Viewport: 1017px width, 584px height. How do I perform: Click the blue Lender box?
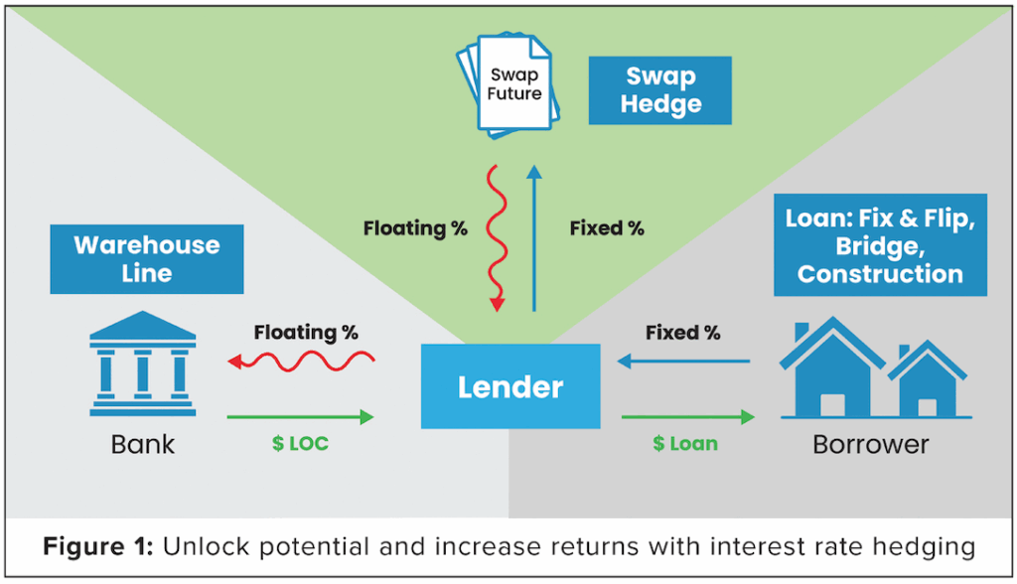[x=510, y=386]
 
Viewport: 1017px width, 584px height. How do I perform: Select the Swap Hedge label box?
[x=660, y=90]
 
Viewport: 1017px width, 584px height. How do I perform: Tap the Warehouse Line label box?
[x=147, y=258]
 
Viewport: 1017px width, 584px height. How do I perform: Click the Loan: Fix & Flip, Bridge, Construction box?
[x=880, y=244]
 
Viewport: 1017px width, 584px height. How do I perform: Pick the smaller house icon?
[x=927, y=382]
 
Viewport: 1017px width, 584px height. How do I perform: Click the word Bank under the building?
[x=143, y=444]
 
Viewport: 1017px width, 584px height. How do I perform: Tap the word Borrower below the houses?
[x=871, y=444]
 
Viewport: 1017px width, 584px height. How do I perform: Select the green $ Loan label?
[x=684, y=444]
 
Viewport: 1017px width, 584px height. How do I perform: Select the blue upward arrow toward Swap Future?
[x=534, y=238]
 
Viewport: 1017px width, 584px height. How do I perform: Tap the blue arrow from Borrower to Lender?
[x=685, y=363]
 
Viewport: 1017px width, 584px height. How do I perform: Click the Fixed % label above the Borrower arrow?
[x=682, y=333]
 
